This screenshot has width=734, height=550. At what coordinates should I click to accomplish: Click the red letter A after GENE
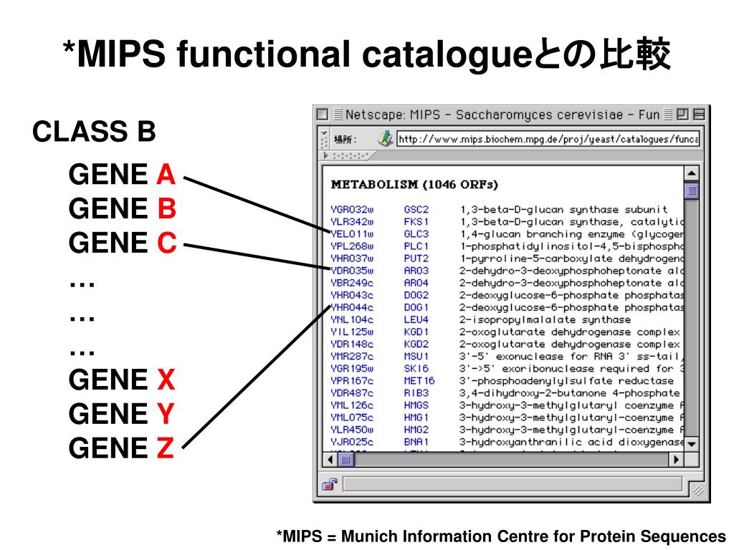coord(166,175)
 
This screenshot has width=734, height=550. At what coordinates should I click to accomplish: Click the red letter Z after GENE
coord(165,449)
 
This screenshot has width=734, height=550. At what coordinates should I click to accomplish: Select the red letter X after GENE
coord(166,380)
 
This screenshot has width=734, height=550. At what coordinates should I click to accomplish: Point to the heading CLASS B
coord(94,132)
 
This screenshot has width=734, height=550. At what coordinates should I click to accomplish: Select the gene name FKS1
coord(416,222)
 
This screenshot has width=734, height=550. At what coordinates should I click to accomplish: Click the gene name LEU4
coord(416,319)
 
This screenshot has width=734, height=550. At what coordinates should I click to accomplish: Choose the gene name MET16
coord(419,380)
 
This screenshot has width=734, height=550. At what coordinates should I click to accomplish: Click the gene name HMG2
coord(416,429)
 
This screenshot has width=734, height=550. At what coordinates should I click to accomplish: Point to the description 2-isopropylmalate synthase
coord(545,319)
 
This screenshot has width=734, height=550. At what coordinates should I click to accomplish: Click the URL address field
coord(548,139)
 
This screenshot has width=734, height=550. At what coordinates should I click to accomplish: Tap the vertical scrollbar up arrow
coord(692,174)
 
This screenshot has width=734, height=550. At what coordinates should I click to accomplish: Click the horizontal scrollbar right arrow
coord(675,460)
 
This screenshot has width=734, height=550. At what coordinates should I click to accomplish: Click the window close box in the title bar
coord(322,115)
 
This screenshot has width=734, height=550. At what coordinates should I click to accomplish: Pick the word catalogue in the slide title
coord(426,55)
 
